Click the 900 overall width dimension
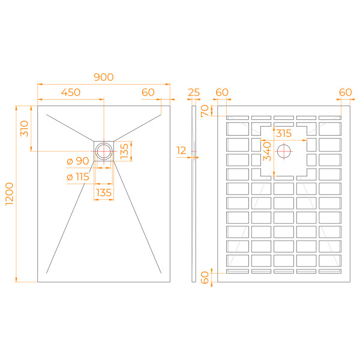tap(104, 77)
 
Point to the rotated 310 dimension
tap(23, 128)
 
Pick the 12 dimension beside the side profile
tap(182, 151)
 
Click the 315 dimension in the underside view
tap(284, 133)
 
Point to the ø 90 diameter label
tap(78, 161)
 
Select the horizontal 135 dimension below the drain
tap(104, 193)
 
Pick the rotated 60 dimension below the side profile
tap(205, 278)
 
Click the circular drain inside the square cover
tap(104, 150)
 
